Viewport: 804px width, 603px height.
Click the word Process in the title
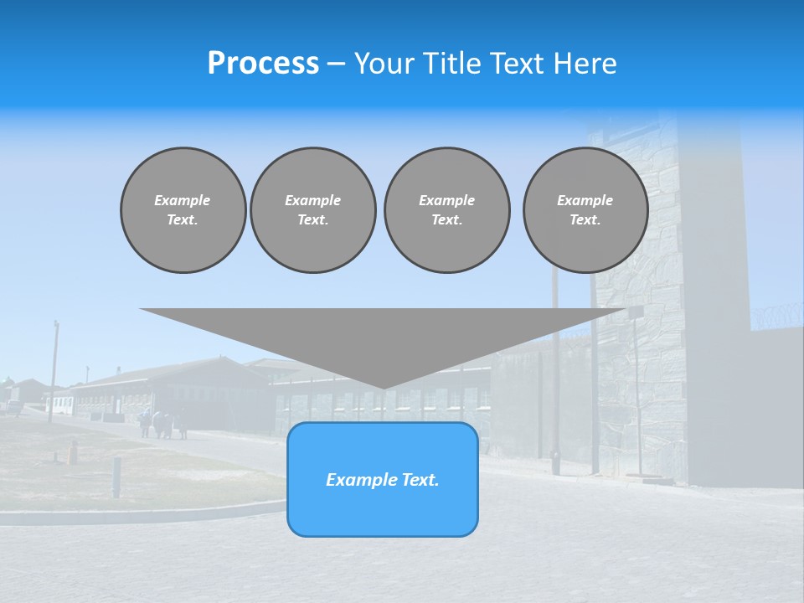tap(263, 64)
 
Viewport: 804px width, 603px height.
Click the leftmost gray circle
tap(183, 210)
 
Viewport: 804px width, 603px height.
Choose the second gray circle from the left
tap(312, 210)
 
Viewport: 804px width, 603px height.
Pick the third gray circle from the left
tap(446, 210)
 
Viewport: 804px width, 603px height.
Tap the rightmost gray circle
tap(585, 210)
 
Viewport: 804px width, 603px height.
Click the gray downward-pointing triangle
tap(384, 335)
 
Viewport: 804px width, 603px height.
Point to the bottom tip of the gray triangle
tap(384, 387)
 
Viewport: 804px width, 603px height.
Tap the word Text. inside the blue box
tap(420, 480)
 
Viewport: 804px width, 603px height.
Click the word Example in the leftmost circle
tap(183, 200)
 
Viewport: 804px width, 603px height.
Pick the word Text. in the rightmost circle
tap(585, 220)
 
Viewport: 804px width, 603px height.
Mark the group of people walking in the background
tap(163, 425)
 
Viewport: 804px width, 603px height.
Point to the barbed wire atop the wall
tap(775, 319)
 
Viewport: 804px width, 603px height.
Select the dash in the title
tap(337, 64)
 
